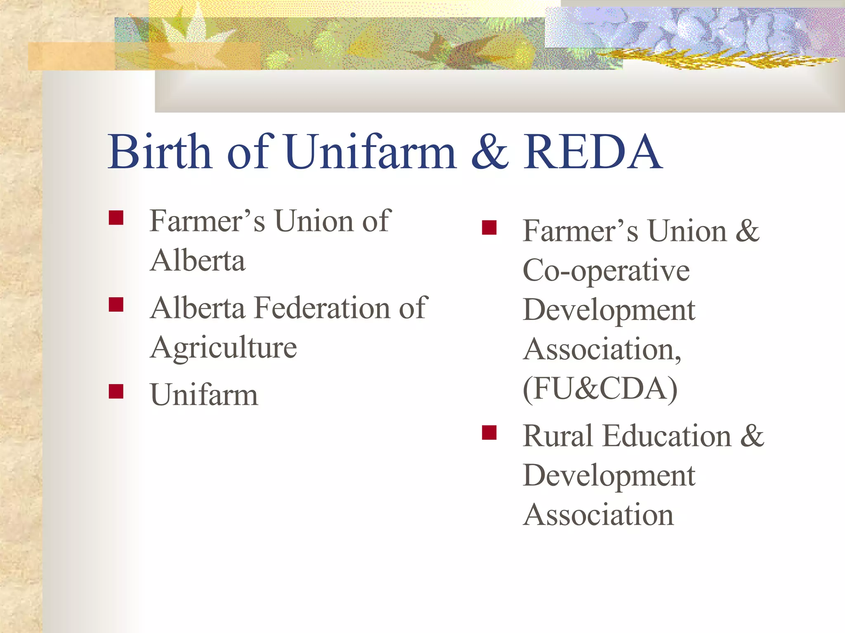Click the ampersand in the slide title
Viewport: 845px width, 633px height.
coord(490,152)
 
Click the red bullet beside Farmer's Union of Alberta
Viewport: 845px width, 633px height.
coord(116,218)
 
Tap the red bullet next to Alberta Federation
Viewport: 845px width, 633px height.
coord(116,305)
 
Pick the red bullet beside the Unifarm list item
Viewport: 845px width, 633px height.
coord(116,391)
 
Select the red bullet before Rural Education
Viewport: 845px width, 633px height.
coord(489,433)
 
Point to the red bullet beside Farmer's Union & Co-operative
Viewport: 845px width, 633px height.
coord(489,227)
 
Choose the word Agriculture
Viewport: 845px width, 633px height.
coord(223,347)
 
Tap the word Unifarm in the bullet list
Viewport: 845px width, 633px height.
coord(204,394)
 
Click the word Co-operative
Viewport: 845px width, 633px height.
coord(606,271)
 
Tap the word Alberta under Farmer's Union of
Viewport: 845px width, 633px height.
coord(198,260)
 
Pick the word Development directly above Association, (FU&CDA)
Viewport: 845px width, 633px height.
coord(609,309)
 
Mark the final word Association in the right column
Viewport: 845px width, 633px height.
coord(598,515)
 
